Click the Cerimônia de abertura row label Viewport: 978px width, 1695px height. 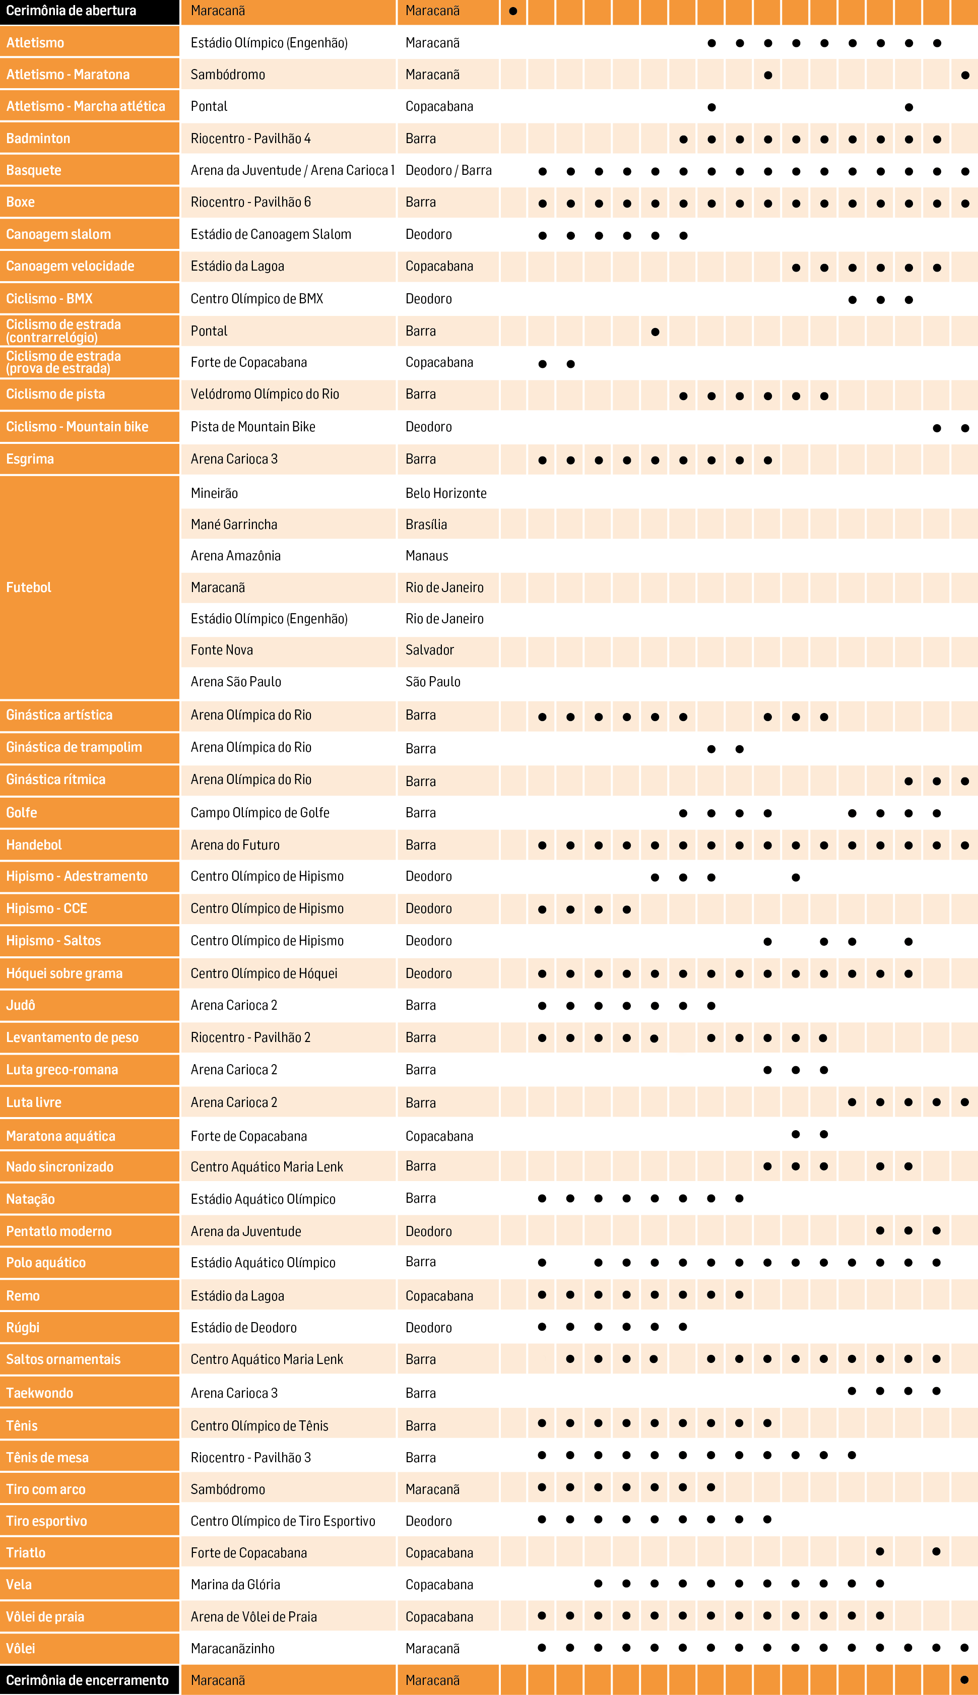click(71, 11)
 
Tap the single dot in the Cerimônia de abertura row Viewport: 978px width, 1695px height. click(513, 11)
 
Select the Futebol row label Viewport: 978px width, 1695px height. click(29, 588)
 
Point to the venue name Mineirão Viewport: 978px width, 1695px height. click(214, 493)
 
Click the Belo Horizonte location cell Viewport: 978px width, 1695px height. click(446, 493)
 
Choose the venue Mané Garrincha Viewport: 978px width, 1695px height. click(234, 525)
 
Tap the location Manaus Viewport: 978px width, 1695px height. click(427, 556)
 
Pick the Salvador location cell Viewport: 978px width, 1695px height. click(430, 650)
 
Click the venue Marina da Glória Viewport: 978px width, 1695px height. click(235, 1585)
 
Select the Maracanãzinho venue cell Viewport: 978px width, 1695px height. click(232, 1649)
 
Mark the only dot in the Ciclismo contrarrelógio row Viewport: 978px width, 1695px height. click(655, 332)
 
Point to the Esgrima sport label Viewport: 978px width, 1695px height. click(30, 460)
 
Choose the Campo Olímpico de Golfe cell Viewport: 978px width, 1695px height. click(260, 813)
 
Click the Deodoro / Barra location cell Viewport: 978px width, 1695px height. click(449, 171)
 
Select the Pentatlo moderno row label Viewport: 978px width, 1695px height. click(59, 1231)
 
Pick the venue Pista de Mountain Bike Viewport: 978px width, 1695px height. click(252, 427)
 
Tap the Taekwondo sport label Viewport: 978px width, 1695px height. click(40, 1393)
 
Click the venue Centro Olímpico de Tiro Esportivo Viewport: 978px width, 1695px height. click(283, 1521)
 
